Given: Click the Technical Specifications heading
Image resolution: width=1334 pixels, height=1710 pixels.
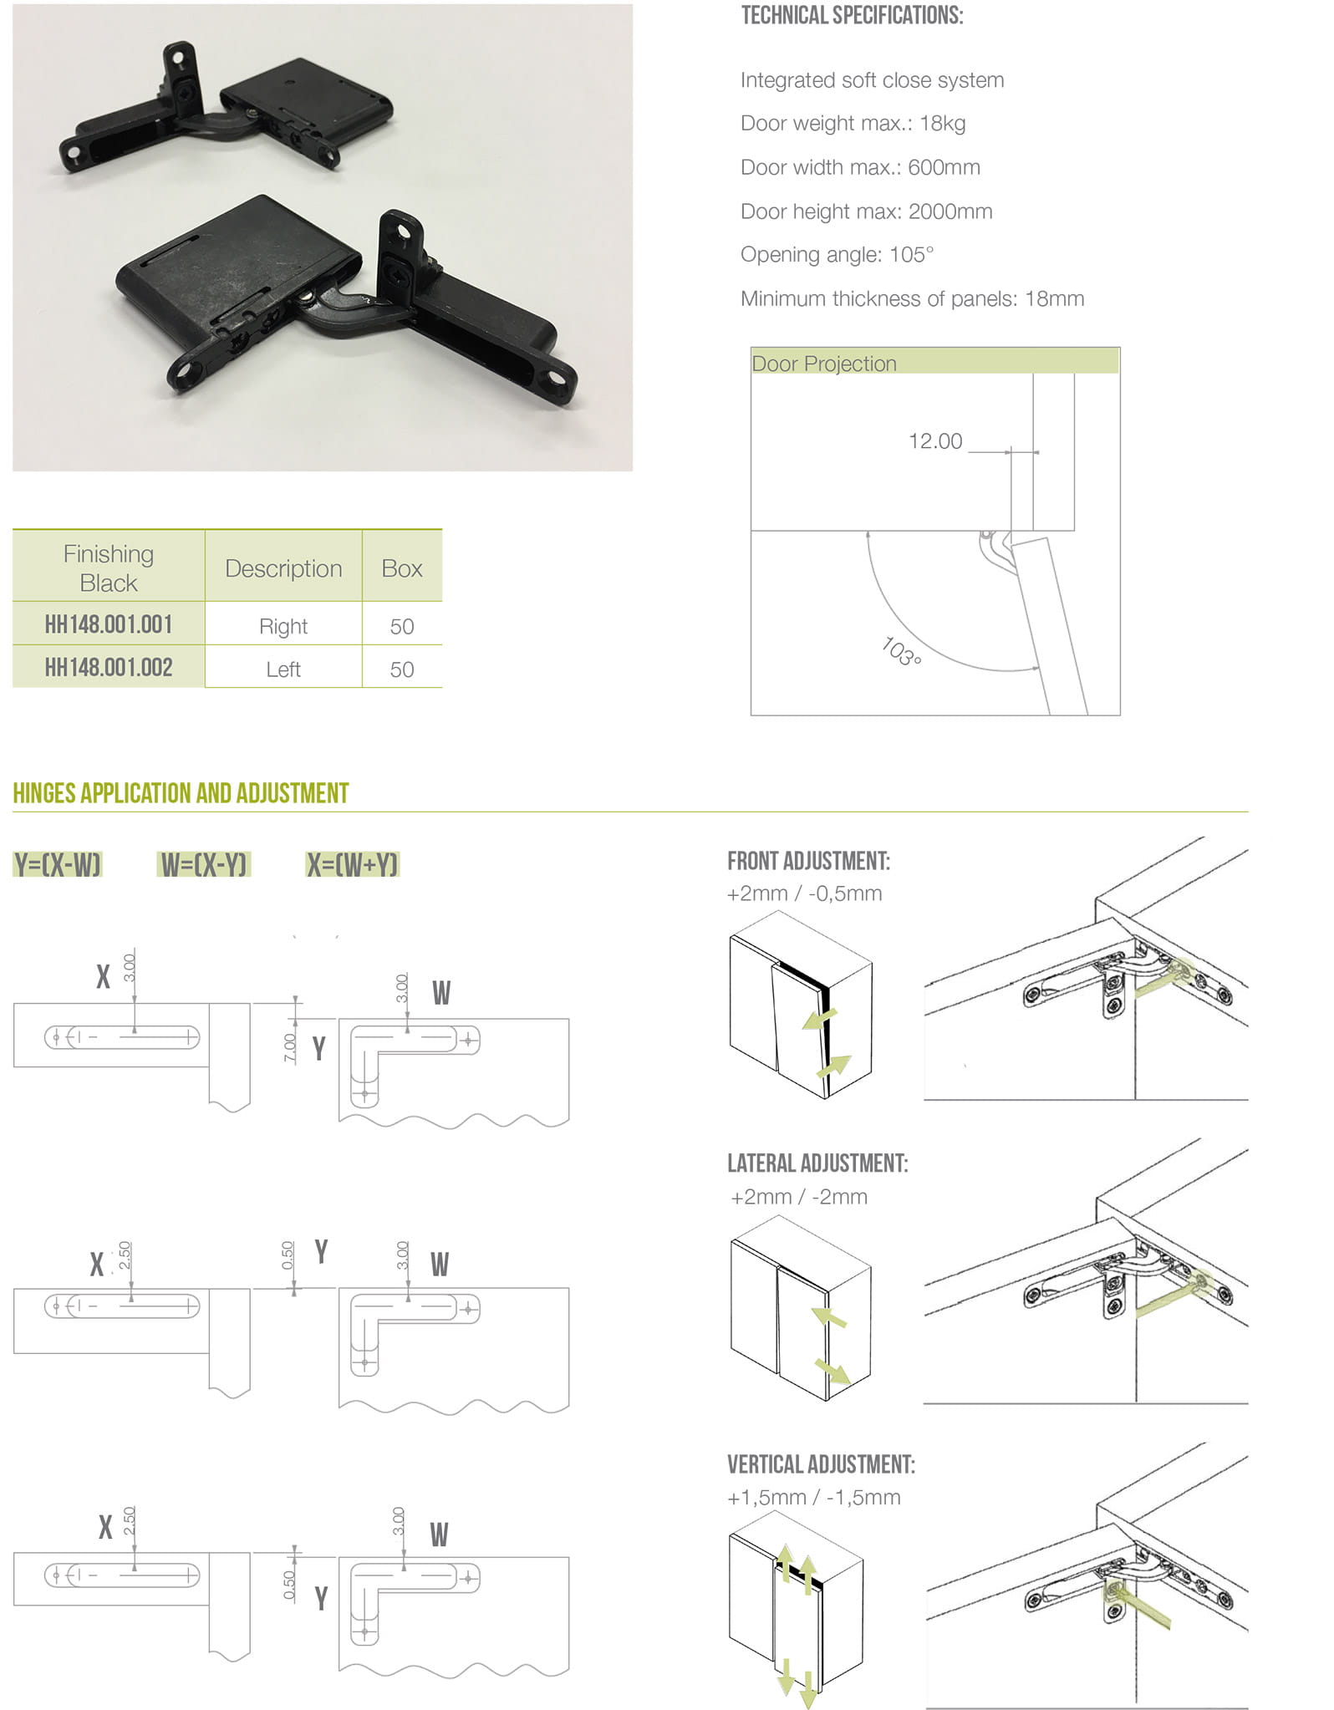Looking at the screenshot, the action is [x=852, y=16].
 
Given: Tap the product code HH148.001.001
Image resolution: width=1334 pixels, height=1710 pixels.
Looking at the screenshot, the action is [x=109, y=624].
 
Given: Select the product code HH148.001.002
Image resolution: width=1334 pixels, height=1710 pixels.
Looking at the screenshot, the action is [x=109, y=668].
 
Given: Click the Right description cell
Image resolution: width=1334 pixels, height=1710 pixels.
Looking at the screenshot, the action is [x=283, y=626].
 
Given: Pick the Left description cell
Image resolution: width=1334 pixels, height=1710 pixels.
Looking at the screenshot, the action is [x=283, y=669].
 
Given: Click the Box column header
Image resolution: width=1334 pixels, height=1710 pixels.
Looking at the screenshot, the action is [x=402, y=568].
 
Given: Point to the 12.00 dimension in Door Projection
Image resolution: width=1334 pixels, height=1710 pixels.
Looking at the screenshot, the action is [x=935, y=440].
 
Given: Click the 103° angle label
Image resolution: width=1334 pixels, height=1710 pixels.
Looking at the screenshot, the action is [x=902, y=652].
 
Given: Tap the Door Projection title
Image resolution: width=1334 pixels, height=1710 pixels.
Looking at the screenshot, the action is [x=824, y=364].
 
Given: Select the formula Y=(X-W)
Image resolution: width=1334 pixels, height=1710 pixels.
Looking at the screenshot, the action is [x=58, y=864].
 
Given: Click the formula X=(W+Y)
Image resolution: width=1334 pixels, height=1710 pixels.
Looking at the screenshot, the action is [x=353, y=864].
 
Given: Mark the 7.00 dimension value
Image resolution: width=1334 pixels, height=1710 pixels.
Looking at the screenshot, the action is [x=290, y=1048].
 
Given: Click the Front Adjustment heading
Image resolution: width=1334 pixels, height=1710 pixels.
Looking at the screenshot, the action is [x=808, y=861].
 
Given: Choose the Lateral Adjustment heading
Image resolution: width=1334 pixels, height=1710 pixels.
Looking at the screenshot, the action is [x=817, y=1163].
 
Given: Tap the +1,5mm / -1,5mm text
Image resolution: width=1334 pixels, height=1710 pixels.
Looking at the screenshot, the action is [x=814, y=1497].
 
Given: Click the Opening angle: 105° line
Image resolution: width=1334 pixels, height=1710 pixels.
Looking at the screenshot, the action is [x=837, y=254].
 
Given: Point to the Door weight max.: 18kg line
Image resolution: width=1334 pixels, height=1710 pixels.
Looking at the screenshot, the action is [x=853, y=124].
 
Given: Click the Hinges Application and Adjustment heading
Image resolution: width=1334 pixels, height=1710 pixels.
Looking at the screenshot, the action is [x=181, y=793].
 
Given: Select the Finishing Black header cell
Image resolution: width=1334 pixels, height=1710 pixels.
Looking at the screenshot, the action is [x=109, y=568].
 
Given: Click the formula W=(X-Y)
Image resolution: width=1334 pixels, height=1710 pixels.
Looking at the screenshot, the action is [x=204, y=864].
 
